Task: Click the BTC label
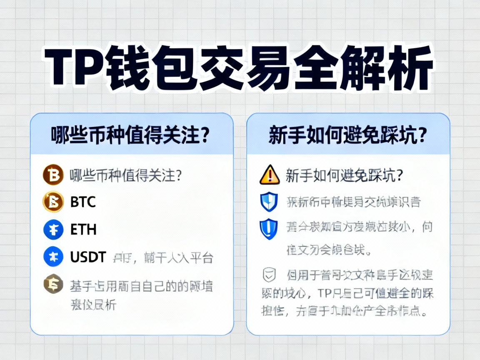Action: tap(83, 202)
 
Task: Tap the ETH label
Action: tap(83, 230)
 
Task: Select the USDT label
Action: tap(88, 257)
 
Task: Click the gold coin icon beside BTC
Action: tap(53, 202)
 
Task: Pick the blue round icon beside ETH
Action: tap(53, 230)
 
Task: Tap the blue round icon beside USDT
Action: tap(53, 257)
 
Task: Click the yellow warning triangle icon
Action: tap(270, 175)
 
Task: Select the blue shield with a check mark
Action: tap(269, 202)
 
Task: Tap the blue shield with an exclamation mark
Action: tap(269, 229)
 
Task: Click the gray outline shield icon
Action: tap(269, 275)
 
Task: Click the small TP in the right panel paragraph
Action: tap(326, 293)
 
